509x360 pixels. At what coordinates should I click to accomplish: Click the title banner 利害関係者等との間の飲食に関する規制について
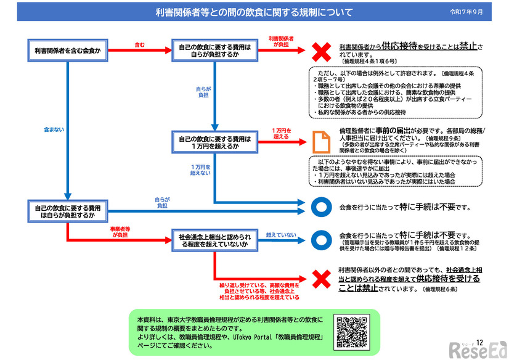point(254,12)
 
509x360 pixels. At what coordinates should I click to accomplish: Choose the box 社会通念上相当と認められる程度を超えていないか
point(215,240)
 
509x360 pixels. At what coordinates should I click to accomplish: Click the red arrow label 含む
point(140,45)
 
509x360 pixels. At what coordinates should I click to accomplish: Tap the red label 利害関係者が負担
point(280,41)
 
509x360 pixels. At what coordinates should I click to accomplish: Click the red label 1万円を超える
point(280,133)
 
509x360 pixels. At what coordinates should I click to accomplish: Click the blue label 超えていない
point(281,235)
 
